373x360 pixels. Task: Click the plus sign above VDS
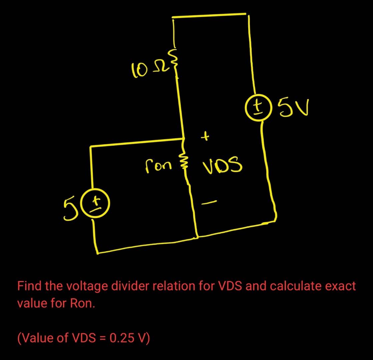(x=206, y=136)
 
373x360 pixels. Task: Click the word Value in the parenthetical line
(x=37, y=338)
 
